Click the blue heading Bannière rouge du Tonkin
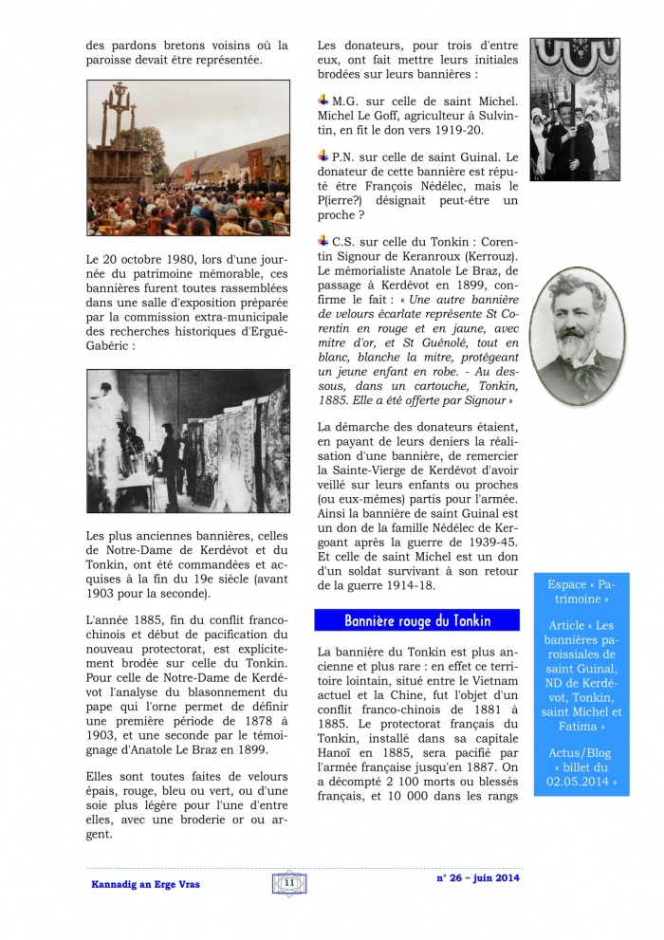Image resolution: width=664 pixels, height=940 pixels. click(417, 620)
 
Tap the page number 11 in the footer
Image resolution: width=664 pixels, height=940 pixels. click(288, 883)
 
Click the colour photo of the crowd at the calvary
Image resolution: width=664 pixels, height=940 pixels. click(175, 157)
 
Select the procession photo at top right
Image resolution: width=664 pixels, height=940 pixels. click(574, 109)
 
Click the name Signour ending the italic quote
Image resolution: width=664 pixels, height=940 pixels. click(485, 402)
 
